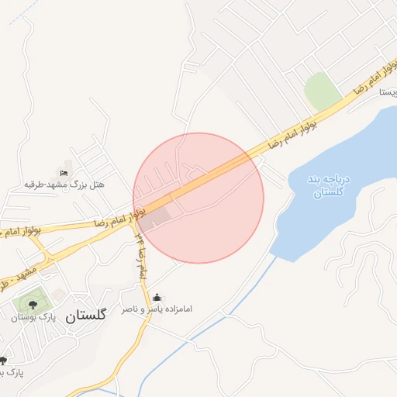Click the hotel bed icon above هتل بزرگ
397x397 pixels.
pyautogui.click(x=64, y=172)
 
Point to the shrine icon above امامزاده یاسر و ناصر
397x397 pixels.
pyautogui.click(x=157, y=297)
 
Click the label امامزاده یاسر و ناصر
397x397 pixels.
pyautogui.click(x=157, y=309)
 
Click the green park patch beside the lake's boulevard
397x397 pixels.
pyautogui.click(x=320, y=91)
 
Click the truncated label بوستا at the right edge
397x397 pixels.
pyautogui.click(x=388, y=91)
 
